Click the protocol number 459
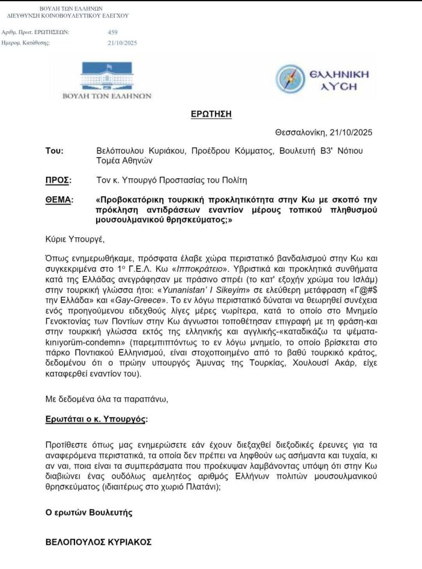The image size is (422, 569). pyautogui.click(x=113, y=32)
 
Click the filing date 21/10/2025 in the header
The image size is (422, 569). pyautogui.click(x=123, y=43)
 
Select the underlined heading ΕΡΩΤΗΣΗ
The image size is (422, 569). pyautogui.click(x=210, y=114)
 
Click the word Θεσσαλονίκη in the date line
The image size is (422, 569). pyautogui.click(x=300, y=133)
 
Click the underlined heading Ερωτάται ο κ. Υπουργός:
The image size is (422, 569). pyautogui.click(x=97, y=418)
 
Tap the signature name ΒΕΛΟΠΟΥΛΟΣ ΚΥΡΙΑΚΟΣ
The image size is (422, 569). pyautogui.click(x=98, y=542)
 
